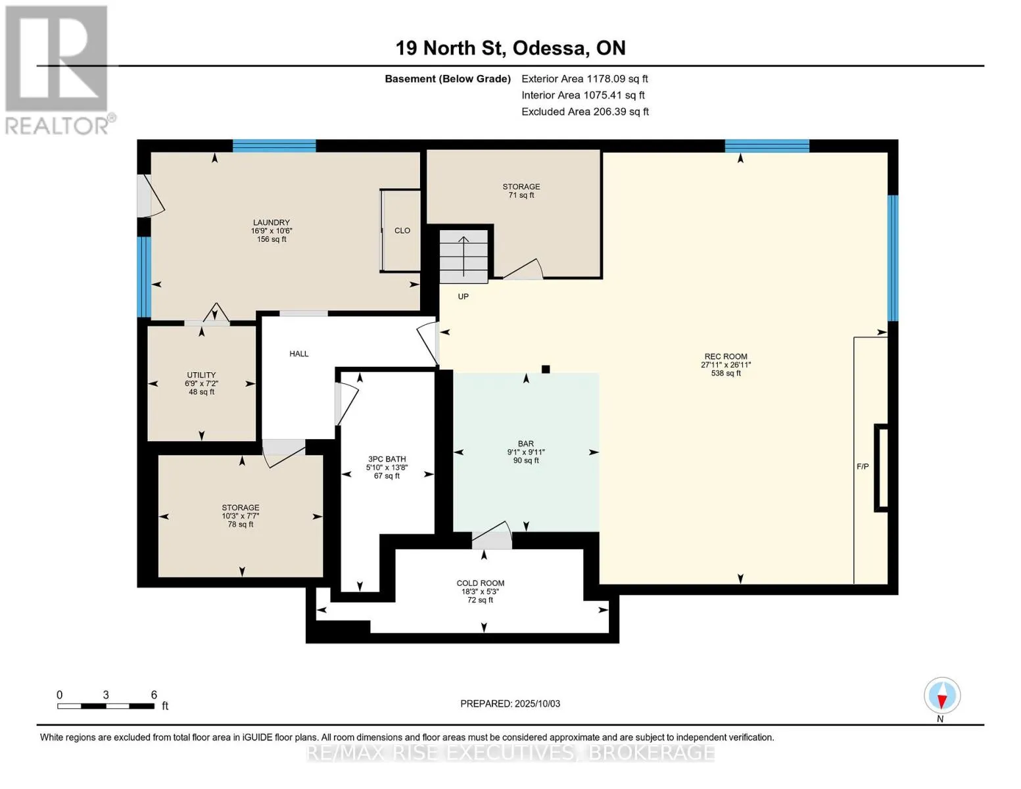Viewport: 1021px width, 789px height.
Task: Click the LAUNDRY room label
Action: [271, 222]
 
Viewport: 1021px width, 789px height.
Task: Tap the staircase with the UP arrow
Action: [463, 256]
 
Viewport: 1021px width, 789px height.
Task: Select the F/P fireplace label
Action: [863, 467]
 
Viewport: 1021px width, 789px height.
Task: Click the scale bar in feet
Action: [107, 705]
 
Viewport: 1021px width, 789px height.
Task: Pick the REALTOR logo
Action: [57, 70]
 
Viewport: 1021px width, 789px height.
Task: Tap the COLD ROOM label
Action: [480, 583]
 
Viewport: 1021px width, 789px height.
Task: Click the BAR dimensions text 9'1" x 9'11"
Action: [526, 452]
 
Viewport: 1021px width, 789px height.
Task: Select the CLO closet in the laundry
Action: [401, 230]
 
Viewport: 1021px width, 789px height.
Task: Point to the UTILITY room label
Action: [201, 375]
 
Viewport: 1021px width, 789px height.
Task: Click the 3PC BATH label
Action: [387, 459]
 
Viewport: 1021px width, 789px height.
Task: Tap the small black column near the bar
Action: [546, 369]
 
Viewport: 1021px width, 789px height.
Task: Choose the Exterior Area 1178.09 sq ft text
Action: [584, 79]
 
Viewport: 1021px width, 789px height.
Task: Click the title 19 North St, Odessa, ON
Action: [510, 48]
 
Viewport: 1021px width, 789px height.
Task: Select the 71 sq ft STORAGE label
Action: [521, 191]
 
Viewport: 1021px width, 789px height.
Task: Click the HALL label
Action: [299, 354]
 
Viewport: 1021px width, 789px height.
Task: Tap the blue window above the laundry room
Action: [274, 146]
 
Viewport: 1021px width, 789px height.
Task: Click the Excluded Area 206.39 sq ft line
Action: [585, 112]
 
